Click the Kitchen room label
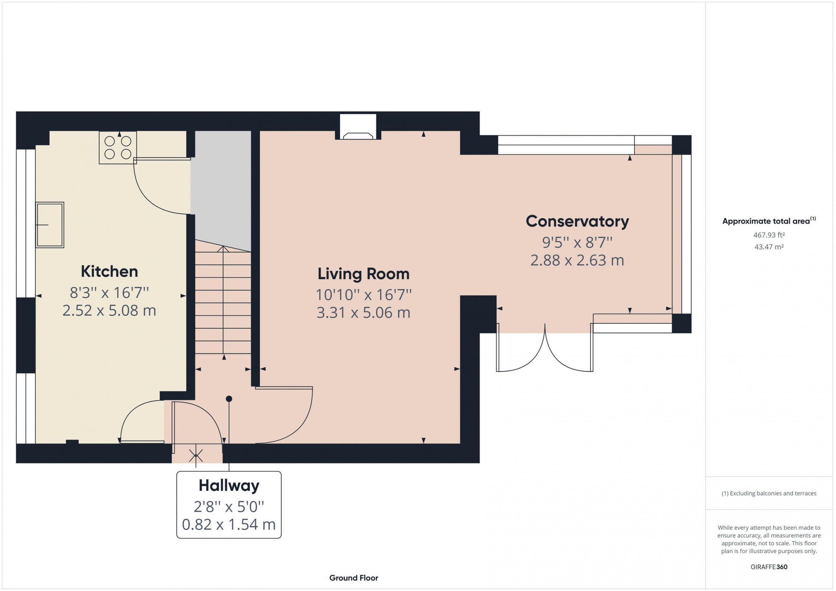pyautogui.click(x=109, y=272)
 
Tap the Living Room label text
pyautogui.click(x=363, y=274)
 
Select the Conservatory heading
pyautogui.click(x=577, y=221)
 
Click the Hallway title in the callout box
pyautogui.click(x=229, y=486)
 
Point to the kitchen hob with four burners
pyautogui.click(x=118, y=148)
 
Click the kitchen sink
pyautogui.click(x=50, y=225)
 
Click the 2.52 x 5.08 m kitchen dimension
pyautogui.click(x=109, y=310)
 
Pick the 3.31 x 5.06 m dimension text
pyautogui.click(x=363, y=313)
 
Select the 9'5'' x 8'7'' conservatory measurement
pyautogui.click(x=577, y=242)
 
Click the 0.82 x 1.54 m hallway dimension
pyautogui.click(x=229, y=524)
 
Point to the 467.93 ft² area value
pyautogui.click(x=769, y=235)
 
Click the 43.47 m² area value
pyautogui.click(x=769, y=247)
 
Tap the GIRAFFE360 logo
pyautogui.click(x=769, y=567)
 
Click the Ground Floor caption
pyautogui.click(x=354, y=578)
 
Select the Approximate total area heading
pyautogui.click(x=769, y=221)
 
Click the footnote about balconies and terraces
pyautogui.click(x=769, y=493)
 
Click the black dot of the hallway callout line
pyautogui.click(x=229, y=399)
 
